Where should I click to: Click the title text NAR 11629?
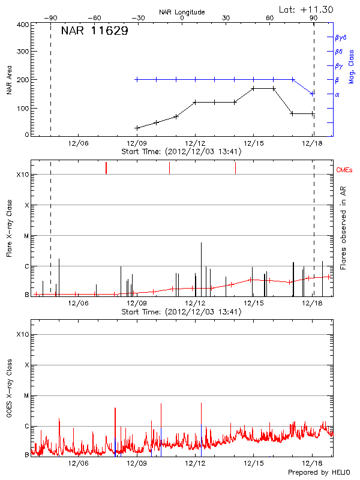click(94, 31)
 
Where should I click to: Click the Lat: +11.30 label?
click(307, 9)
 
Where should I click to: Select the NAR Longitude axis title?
click(182, 12)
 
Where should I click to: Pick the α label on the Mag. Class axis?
click(337, 94)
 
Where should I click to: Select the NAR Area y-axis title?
click(9, 80)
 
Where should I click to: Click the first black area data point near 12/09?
click(137, 128)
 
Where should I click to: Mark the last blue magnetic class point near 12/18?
click(312, 94)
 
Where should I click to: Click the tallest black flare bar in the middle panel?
click(201, 269)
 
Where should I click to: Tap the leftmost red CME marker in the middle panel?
click(106, 167)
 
